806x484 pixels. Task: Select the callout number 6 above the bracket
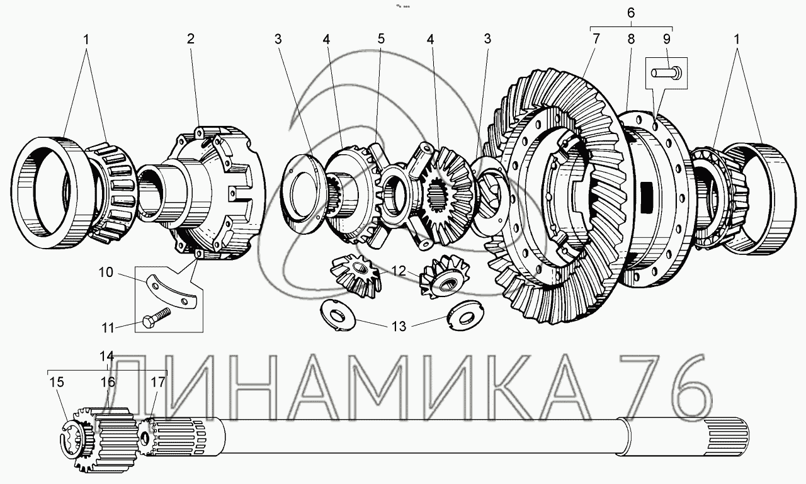[x=631, y=13]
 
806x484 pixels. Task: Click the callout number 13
[x=399, y=326]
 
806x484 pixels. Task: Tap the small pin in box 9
[x=665, y=72]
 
